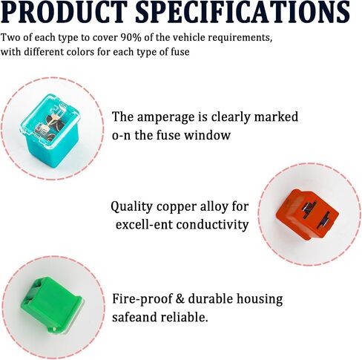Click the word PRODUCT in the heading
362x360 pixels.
pyautogui.click(x=65, y=12)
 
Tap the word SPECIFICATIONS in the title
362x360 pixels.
pyautogui.click(x=243, y=12)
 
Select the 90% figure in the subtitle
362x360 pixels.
pyautogui.click(x=128, y=38)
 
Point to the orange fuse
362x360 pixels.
pyautogui.click(x=307, y=215)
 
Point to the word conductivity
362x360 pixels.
pyautogui.click(x=212, y=225)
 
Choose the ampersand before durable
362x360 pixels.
pyautogui.click(x=180, y=298)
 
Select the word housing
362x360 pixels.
pyautogui.click(x=260, y=299)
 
